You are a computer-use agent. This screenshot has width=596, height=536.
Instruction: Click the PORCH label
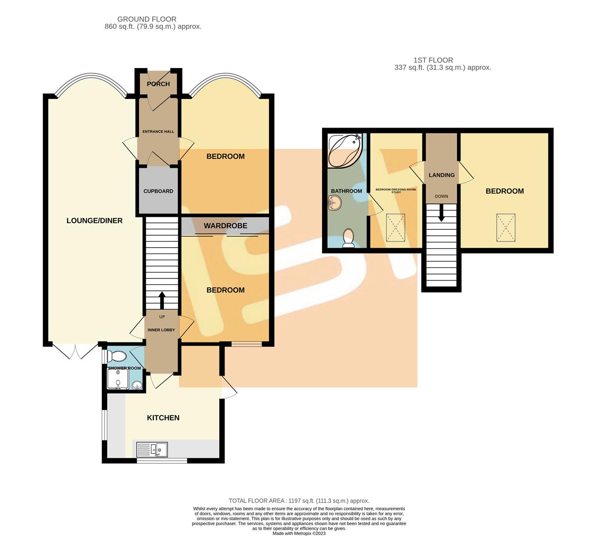(x=158, y=84)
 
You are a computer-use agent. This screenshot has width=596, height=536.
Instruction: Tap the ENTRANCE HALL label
(x=158, y=132)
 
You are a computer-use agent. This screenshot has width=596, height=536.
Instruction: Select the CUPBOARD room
(x=158, y=191)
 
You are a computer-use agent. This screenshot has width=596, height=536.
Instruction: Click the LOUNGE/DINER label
(x=94, y=220)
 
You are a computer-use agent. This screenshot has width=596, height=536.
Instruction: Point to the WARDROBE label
(x=225, y=226)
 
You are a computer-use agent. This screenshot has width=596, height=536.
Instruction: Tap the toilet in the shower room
(x=119, y=356)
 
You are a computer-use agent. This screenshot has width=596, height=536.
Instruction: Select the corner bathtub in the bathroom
(x=344, y=150)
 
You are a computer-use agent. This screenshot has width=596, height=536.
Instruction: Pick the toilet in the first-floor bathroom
(x=348, y=237)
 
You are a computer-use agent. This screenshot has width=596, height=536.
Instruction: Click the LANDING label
(x=441, y=175)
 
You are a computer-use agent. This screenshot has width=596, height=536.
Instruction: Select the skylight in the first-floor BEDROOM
(x=505, y=228)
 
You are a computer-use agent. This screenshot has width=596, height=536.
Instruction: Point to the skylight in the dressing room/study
(x=396, y=228)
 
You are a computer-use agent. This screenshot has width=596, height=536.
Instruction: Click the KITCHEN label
(x=163, y=418)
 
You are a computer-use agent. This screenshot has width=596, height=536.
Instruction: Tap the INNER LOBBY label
(x=162, y=330)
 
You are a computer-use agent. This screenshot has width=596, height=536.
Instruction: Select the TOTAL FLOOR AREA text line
(x=299, y=501)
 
